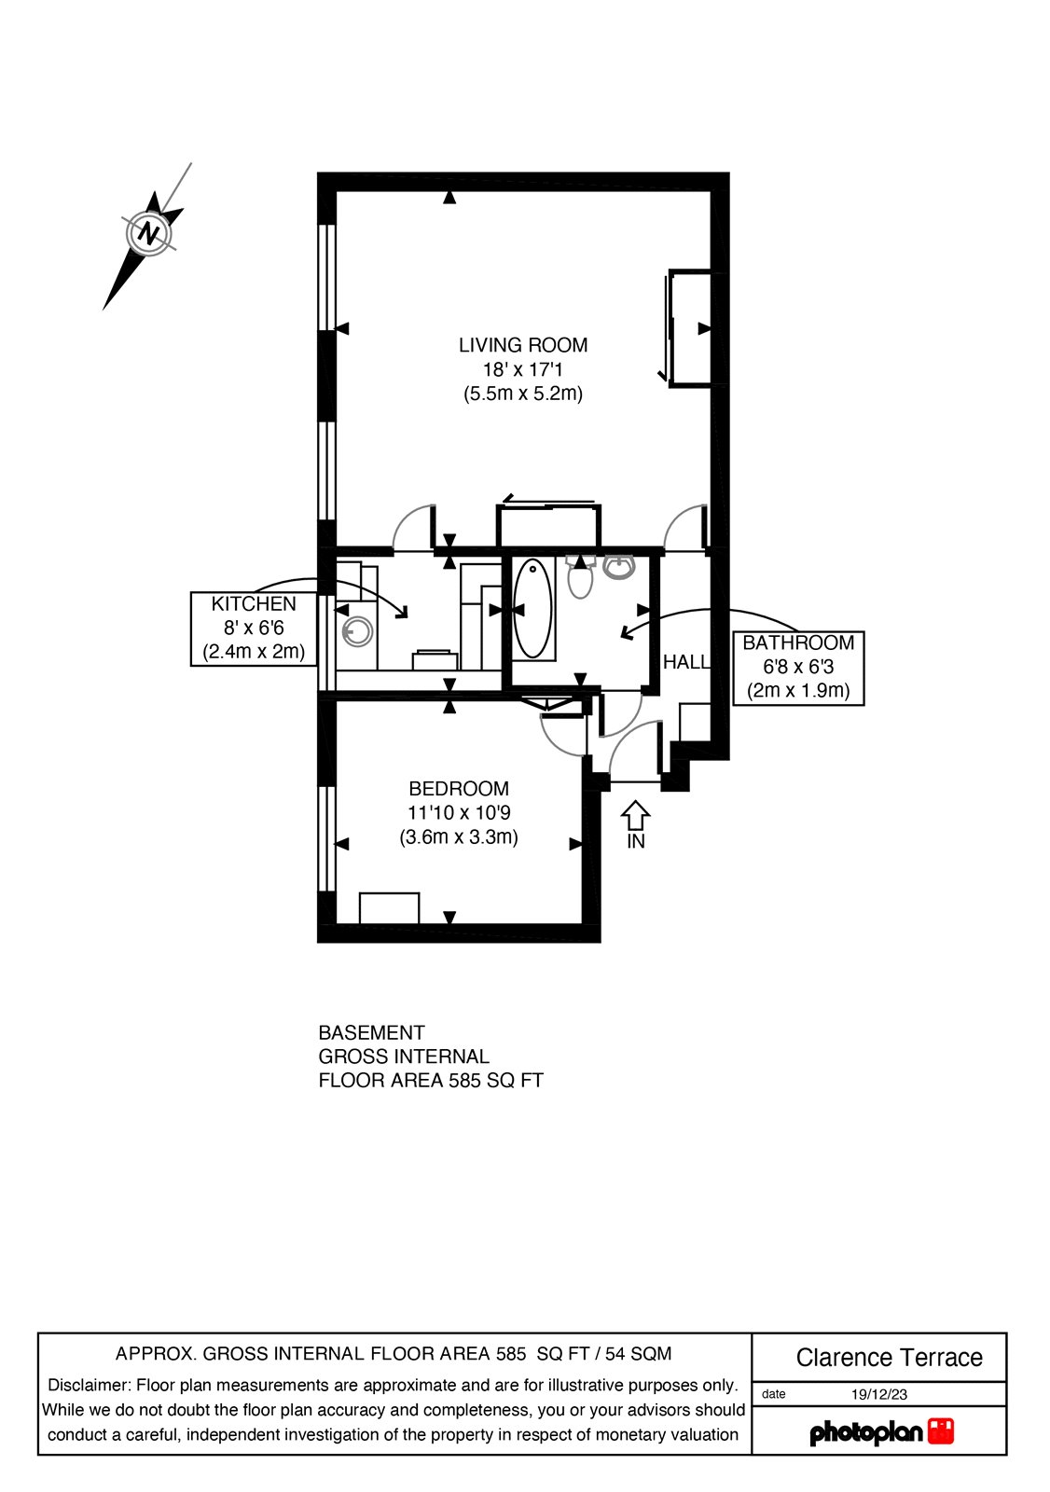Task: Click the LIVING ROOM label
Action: pyautogui.click(x=522, y=345)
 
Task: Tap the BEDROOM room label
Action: pyautogui.click(x=458, y=789)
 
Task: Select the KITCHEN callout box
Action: pyautogui.click(x=254, y=629)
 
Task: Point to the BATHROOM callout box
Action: pyautogui.click(x=798, y=667)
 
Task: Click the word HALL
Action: pyautogui.click(x=685, y=662)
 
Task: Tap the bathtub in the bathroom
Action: pyautogui.click(x=532, y=608)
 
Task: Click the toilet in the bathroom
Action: pyautogui.click(x=580, y=577)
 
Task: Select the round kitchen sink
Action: pyautogui.click(x=357, y=632)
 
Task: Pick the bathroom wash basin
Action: pyautogui.click(x=619, y=566)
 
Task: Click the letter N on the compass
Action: pyautogui.click(x=148, y=232)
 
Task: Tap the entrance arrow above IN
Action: pyautogui.click(x=635, y=814)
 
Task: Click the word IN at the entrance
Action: pyautogui.click(x=636, y=841)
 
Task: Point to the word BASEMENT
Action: pyautogui.click(x=371, y=1033)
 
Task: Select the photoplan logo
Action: pyautogui.click(x=881, y=1432)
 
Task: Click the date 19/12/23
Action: pyautogui.click(x=878, y=1395)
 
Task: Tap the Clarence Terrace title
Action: pyautogui.click(x=889, y=1358)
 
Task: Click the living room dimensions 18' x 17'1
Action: pyautogui.click(x=522, y=369)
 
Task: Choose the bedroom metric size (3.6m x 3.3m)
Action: pyautogui.click(x=458, y=837)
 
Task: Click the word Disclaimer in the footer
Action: pyautogui.click(x=89, y=1386)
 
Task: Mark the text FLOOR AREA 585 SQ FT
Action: pyautogui.click(x=431, y=1081)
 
